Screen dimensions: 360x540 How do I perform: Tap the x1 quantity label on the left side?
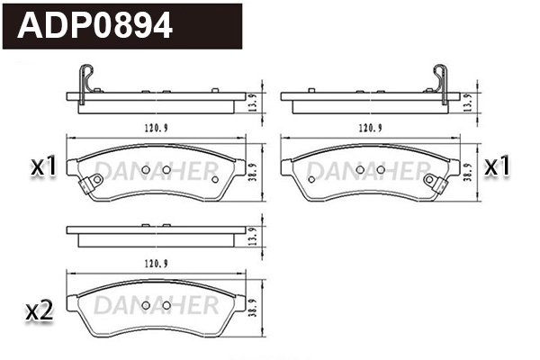click(43, 166)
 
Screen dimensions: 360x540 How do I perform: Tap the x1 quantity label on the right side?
click(499, 166)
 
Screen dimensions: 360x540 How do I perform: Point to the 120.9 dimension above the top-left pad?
click(154, 128)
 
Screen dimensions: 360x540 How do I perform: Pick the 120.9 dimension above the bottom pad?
click(154, 263)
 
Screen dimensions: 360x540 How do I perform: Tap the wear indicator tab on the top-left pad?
click(88, 186)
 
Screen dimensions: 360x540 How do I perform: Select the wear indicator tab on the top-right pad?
click(437, 186)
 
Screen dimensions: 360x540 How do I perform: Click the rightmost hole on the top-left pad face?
click(215, 178)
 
